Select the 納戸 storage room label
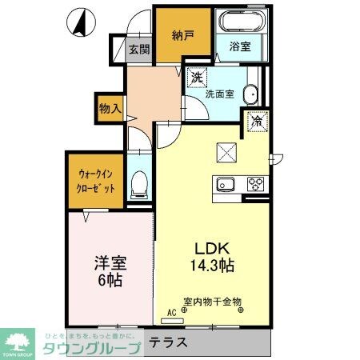(182, 35)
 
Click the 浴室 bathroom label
(240, 46)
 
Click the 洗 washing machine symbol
(195, 78)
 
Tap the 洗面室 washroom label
(219, 94)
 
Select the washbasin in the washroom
(251, 94)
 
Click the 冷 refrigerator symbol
(258, 122)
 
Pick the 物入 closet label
(110, 107)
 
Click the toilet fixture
(139, 184)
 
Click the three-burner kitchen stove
(256, 184)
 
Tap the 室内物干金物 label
(212, 302)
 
